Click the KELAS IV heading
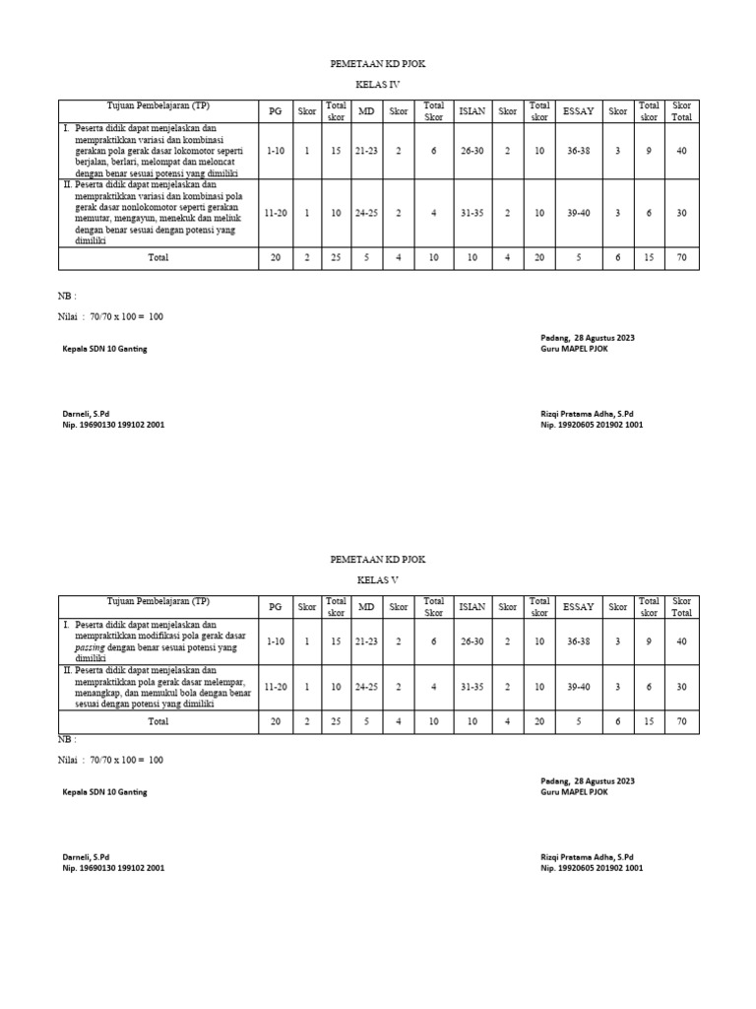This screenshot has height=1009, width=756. click(378, 86)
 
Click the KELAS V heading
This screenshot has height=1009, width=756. click(378, 580)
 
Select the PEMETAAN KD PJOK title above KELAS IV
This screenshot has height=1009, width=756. click(378, 64)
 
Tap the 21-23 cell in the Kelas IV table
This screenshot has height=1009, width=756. click(366, 150)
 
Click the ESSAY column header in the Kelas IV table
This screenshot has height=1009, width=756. click(579, 111)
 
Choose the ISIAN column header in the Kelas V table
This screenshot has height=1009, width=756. click(472, 607)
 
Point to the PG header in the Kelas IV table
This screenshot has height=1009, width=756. click(275, 111)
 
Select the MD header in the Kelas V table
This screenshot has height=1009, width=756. click(366, 607)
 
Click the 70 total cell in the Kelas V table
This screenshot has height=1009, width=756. click(681, 721)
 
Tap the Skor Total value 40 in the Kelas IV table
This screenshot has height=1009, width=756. click(681, 150)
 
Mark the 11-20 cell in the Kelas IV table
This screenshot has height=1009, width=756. click(275, 212)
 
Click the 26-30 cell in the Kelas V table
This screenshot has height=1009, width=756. click(472, 641)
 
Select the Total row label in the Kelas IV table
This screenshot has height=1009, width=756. click(157, 257)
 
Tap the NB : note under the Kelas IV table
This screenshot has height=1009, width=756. click(67, 295)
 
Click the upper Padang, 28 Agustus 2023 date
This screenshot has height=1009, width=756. click(587, 337)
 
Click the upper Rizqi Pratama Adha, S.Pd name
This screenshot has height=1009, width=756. click(587, 414)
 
